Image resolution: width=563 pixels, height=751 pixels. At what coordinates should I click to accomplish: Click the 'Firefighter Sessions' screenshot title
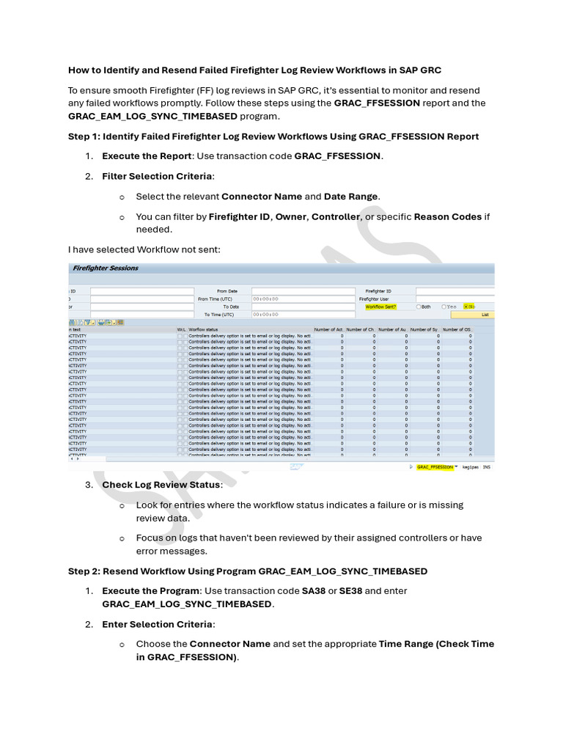coord(106,268)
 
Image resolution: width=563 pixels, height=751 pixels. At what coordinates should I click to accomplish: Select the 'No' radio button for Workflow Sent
coord(466,307)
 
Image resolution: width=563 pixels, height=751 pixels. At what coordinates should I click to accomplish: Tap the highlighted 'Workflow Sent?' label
coord(380,307)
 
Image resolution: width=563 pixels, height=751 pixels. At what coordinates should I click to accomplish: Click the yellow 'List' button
coord(484,315)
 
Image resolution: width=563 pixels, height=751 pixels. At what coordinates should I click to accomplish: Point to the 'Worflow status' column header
coord(203,330)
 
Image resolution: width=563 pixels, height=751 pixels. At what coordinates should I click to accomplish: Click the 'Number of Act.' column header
coord(328,330)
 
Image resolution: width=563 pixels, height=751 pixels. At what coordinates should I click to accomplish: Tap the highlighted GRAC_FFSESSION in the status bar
coord(434,466)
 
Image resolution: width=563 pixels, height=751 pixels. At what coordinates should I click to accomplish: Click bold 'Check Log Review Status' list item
coord(161,485)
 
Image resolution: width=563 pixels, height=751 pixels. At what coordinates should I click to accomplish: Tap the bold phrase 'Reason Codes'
coord(448,217)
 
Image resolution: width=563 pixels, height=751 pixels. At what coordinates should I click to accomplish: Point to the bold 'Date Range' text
coord(351,197)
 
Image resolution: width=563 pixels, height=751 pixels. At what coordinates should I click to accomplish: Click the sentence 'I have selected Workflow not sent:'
coord(144,250)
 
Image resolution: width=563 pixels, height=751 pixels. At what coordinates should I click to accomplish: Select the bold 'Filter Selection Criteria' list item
coord(158,177)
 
